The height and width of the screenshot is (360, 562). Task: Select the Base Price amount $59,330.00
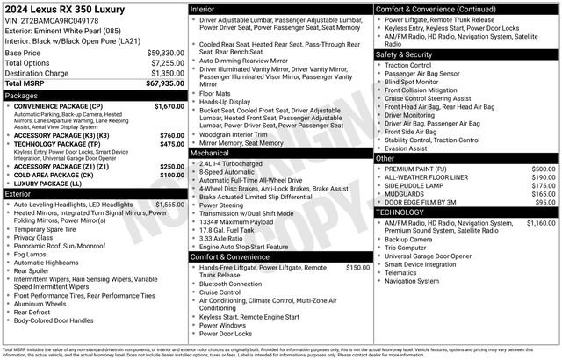tap(165, 53)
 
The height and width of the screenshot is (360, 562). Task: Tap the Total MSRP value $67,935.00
tap(165, 83)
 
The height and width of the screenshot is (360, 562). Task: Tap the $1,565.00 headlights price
tap(169, 204)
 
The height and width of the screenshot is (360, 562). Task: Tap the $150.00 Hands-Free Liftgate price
tap(357, 266)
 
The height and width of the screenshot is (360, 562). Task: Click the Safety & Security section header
tap(407, 54)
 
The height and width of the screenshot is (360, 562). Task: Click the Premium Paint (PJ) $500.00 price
tap(544, 169)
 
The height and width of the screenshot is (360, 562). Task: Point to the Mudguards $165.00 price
tap(544, 193)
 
